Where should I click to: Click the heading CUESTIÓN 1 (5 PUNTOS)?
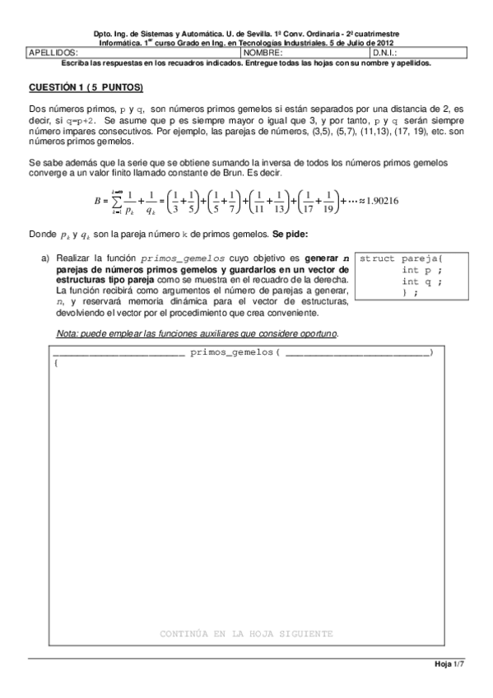coord(86,86)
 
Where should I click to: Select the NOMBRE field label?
coord(262,52)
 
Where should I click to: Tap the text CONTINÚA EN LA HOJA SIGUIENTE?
coord(247,635)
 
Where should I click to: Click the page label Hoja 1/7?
coord(449,665)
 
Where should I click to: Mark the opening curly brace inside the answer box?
coord(56,363)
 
